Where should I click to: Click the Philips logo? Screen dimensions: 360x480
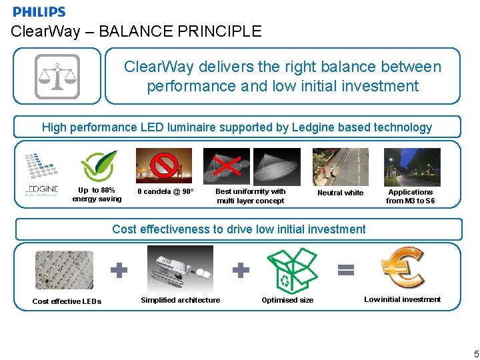39,11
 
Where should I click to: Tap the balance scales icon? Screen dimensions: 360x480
57,76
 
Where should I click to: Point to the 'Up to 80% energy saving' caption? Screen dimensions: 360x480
97,195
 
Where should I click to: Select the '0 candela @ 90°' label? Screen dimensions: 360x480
165,192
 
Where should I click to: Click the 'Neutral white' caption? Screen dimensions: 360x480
340,193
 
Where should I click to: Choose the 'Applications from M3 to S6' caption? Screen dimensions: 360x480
410,197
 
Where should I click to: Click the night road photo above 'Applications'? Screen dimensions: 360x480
411,167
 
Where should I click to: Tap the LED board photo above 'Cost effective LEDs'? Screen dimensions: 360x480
64,269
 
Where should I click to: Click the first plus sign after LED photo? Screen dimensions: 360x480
118,270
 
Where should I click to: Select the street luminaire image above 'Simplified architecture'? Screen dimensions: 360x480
179,268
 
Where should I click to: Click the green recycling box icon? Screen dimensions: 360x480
291,271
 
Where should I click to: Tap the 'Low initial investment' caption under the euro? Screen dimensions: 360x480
402,299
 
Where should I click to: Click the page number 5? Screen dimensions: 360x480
475,353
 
